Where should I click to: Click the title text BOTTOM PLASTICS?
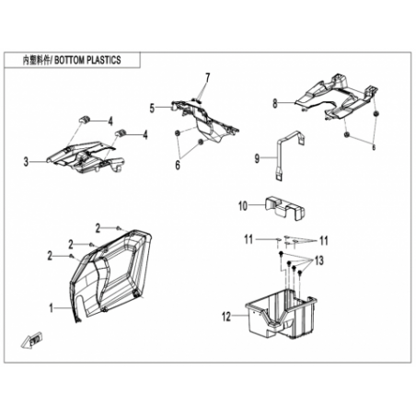click(87, 60)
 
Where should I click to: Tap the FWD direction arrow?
click(32, 340)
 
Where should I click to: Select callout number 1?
click(52, 308)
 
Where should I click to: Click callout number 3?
click(26, 161)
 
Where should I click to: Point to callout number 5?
click(152, 108)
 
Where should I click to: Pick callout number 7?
click(208, 78)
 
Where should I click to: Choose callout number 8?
click(275, 103)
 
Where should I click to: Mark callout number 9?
click(257, 158)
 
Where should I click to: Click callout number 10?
click(243, 206)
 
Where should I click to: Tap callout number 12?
click(226, 317)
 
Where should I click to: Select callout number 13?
click(319, 260)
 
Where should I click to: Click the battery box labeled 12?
click(281, 312)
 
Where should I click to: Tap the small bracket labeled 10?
click(284, 208)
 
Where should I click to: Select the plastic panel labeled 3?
click(85, 157)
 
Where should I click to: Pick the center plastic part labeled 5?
click(205, 121)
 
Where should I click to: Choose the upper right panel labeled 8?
click(336, 97)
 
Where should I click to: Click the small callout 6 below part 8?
click(374, 147)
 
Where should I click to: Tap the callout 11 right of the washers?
click(324, 241)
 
